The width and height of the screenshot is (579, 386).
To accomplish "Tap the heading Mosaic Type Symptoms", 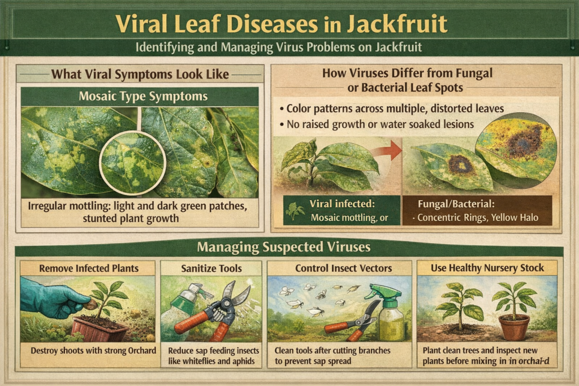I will [140, 96].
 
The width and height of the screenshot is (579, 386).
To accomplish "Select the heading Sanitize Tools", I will [211, 268].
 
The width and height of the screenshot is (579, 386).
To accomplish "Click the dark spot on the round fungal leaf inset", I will [516, 148].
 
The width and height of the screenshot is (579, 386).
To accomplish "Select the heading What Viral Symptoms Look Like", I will [140, 73].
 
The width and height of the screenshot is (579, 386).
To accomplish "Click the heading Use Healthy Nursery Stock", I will [487, 268].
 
